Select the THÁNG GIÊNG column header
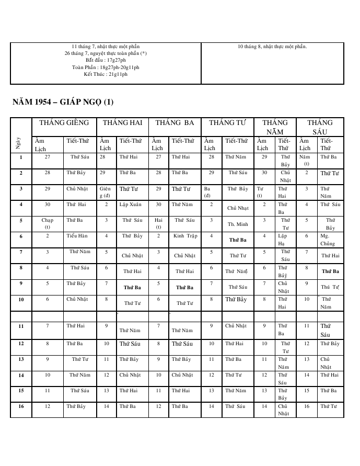point(61,123)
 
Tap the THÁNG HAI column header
point(122,123)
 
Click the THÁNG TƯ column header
point(227,123)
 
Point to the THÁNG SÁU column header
point(320,127)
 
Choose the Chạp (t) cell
point(48,223)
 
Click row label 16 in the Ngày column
point(21,406)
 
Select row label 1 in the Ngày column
point(21,156)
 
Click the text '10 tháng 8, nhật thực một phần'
point(272,47)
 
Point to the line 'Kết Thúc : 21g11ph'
point(106,74)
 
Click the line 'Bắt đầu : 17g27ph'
point(106,60)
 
